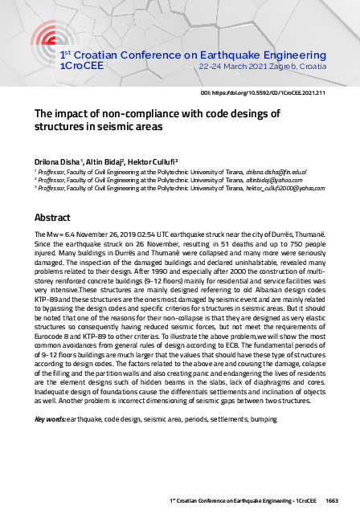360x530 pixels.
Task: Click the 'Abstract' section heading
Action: (52, 218)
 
